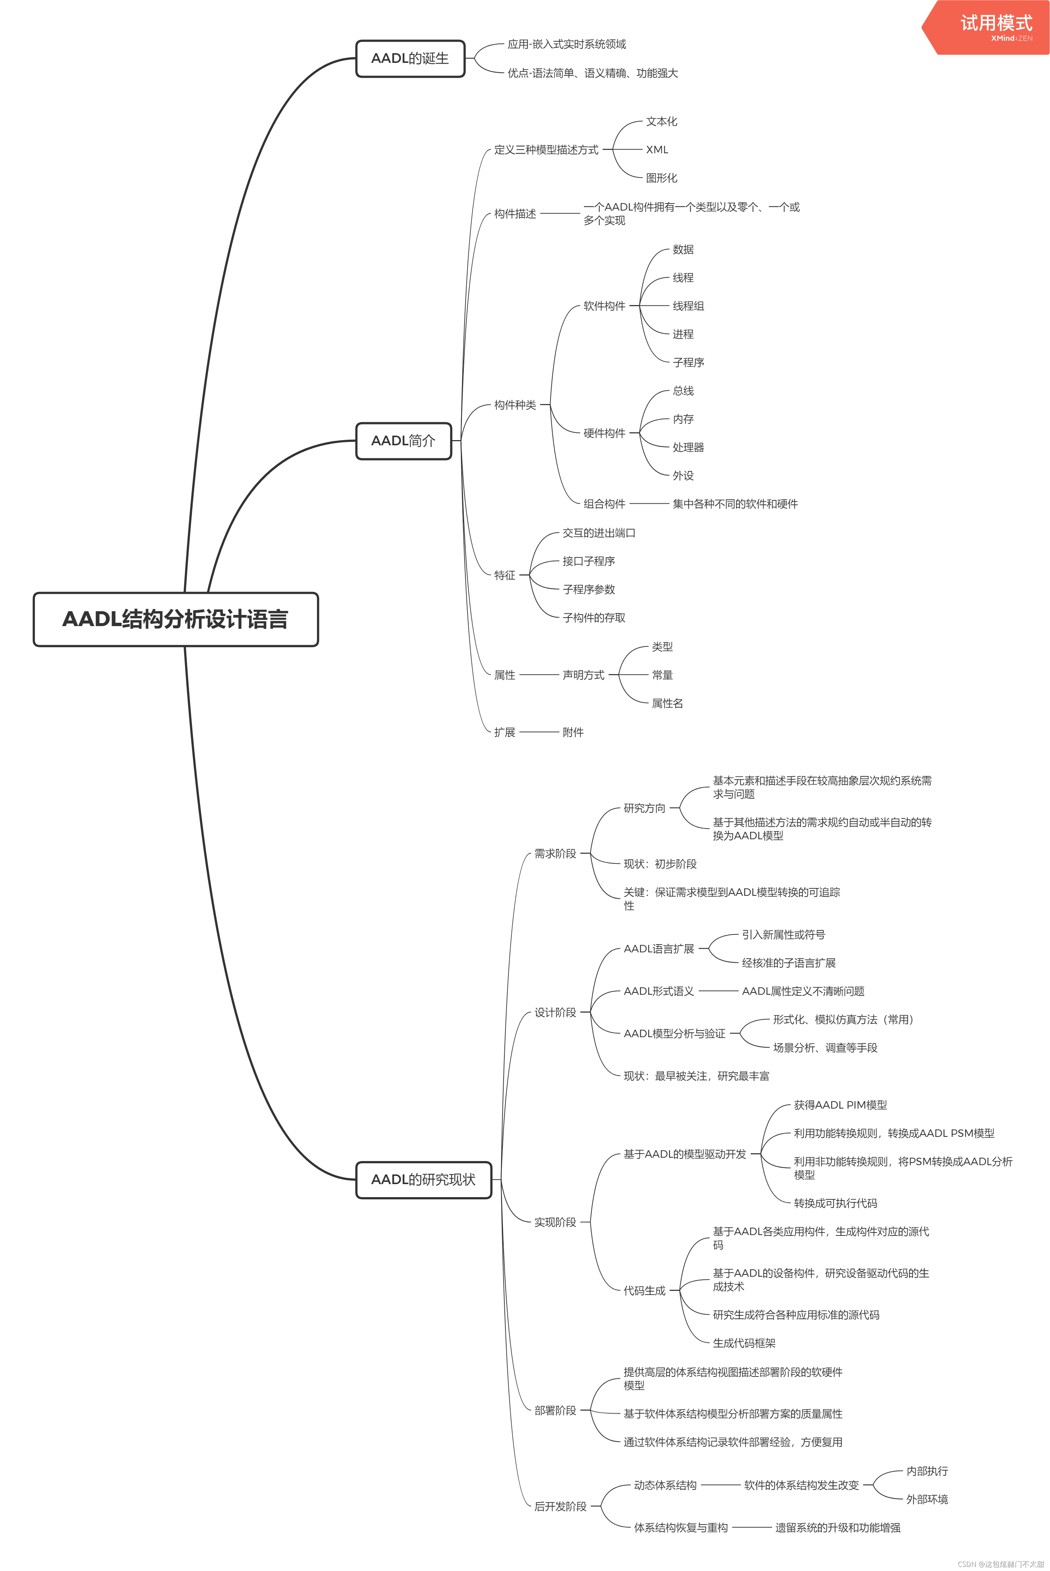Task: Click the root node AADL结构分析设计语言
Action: click(x=176, y=619)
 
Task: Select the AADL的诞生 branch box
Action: click(x=410, y=59)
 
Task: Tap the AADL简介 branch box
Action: click(x=403, y=440)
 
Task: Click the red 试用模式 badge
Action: click(x=991, y=27)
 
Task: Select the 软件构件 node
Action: click(x=604, y=306)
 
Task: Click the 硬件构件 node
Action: click(x=604, y=433)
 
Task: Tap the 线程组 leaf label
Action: click(x=688, y=306)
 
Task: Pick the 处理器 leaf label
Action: click(x=688, y=447)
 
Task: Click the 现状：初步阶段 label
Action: click(x=659, y=864)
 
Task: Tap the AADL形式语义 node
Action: click(x=658, y=991)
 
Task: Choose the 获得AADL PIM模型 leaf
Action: click(x=840, y=1105)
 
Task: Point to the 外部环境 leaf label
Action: click(x=927, y=1499)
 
